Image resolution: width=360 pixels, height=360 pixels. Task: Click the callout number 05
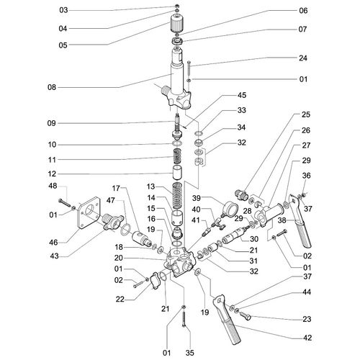(63, 45)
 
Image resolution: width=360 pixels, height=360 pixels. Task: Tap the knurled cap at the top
(177, 24)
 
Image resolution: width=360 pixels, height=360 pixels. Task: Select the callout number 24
(303, 58)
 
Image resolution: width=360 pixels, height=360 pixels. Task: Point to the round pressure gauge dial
(230, 207)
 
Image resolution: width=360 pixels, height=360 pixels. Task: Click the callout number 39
(196, 198)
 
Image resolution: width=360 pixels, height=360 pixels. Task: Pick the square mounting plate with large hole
(89, 212)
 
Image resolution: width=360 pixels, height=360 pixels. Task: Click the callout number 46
(53, 243)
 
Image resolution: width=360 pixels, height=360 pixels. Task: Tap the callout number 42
(307, 338)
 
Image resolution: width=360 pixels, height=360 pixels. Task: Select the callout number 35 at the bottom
(189, 353)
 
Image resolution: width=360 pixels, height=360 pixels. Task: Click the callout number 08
(52, 87)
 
